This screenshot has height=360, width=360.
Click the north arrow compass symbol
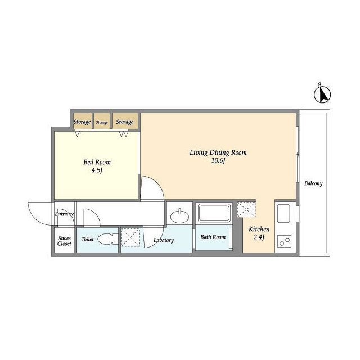coord(322,94)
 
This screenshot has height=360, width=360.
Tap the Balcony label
coord(313,183)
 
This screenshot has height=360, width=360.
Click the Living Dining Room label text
coord(218,152)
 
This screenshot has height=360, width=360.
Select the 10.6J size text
coord(218,161)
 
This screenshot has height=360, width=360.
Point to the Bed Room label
coord(97,163)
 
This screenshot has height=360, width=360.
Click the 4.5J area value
coord(97,170)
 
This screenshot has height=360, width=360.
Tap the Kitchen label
coord(259,229)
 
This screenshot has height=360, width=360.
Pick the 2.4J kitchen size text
coord(259,237)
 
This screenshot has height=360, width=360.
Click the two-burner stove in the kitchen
coord(284,241)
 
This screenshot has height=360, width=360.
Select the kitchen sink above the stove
coord(283,213)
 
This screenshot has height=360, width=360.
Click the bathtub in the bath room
coord(214,213)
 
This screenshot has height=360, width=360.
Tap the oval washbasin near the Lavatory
coord(179,216)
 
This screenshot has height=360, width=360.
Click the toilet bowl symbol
coord(107,239)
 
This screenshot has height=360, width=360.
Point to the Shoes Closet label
coord(64,241)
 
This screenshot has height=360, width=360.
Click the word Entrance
coord(64,214)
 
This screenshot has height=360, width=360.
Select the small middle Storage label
coord(102,123)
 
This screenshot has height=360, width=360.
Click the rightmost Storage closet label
coord(124,122)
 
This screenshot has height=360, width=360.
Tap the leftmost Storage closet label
coord(82,122)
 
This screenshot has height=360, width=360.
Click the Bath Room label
coord(213,237)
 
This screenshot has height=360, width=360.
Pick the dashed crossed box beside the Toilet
coord(130,237)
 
